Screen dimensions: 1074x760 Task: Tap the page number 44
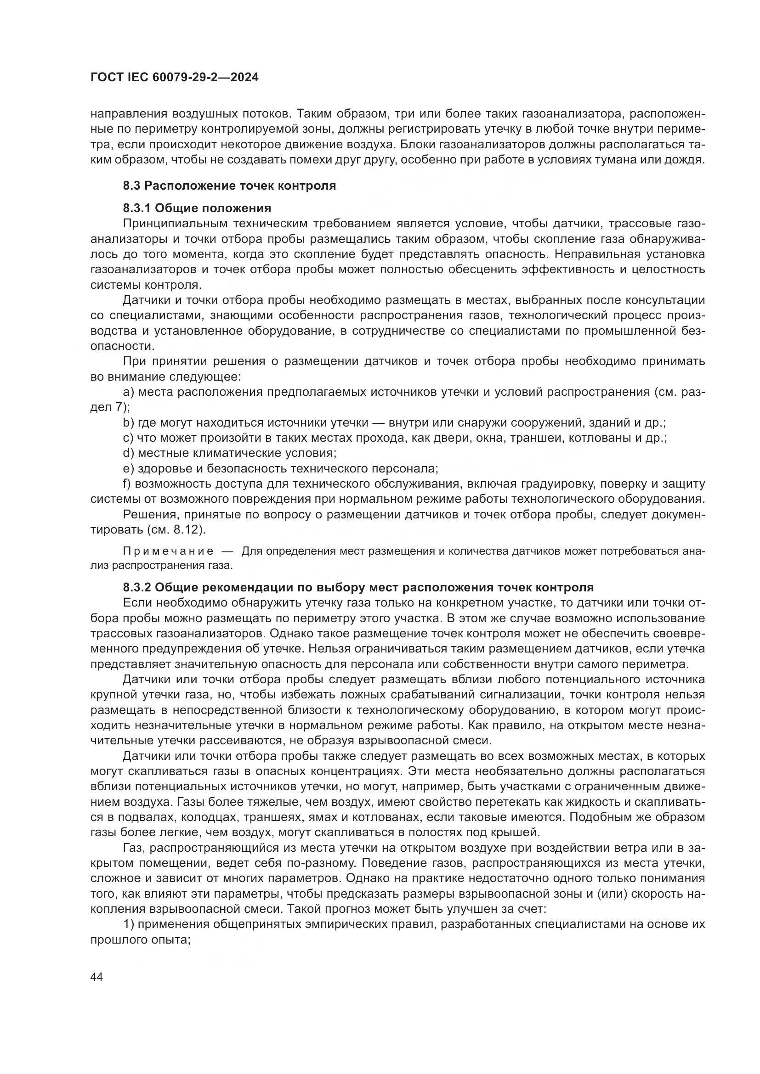[96, 977]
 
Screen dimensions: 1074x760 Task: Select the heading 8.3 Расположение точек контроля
[229, 186]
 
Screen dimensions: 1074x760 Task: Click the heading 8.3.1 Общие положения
[197, 208]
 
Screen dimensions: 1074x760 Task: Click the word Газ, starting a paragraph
[134, 848]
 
